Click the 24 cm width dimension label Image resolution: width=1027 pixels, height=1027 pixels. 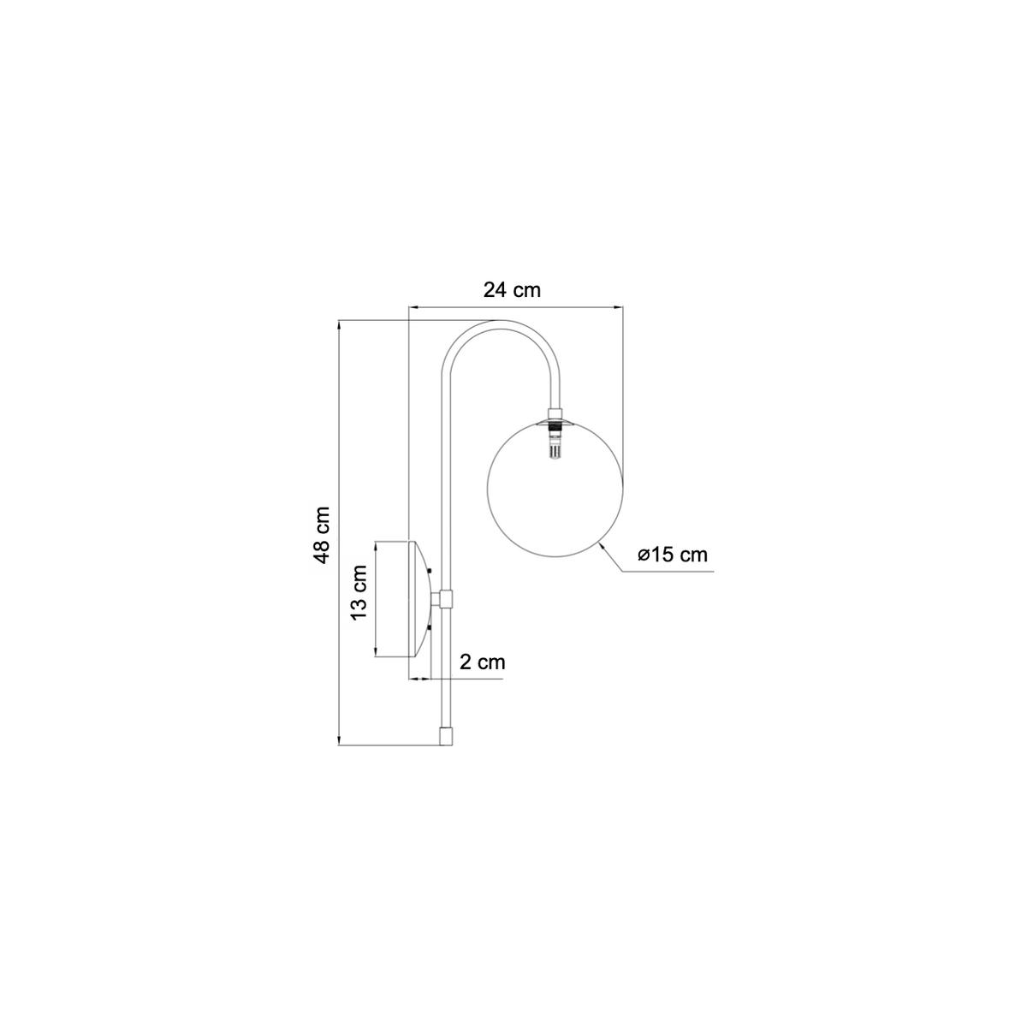click(x=512, y=290)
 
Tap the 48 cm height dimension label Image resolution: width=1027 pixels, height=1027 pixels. click(x=323, y=535)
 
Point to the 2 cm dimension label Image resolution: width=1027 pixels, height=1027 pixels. click(x=483, y=662)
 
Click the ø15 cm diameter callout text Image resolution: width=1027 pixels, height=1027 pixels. click(x=673, y=555)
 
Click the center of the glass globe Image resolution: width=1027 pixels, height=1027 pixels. click(x=555, y=489)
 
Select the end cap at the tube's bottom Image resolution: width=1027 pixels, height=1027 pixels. click(x=445, y=735)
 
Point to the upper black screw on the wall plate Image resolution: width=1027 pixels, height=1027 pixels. click(x=430, y=571)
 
